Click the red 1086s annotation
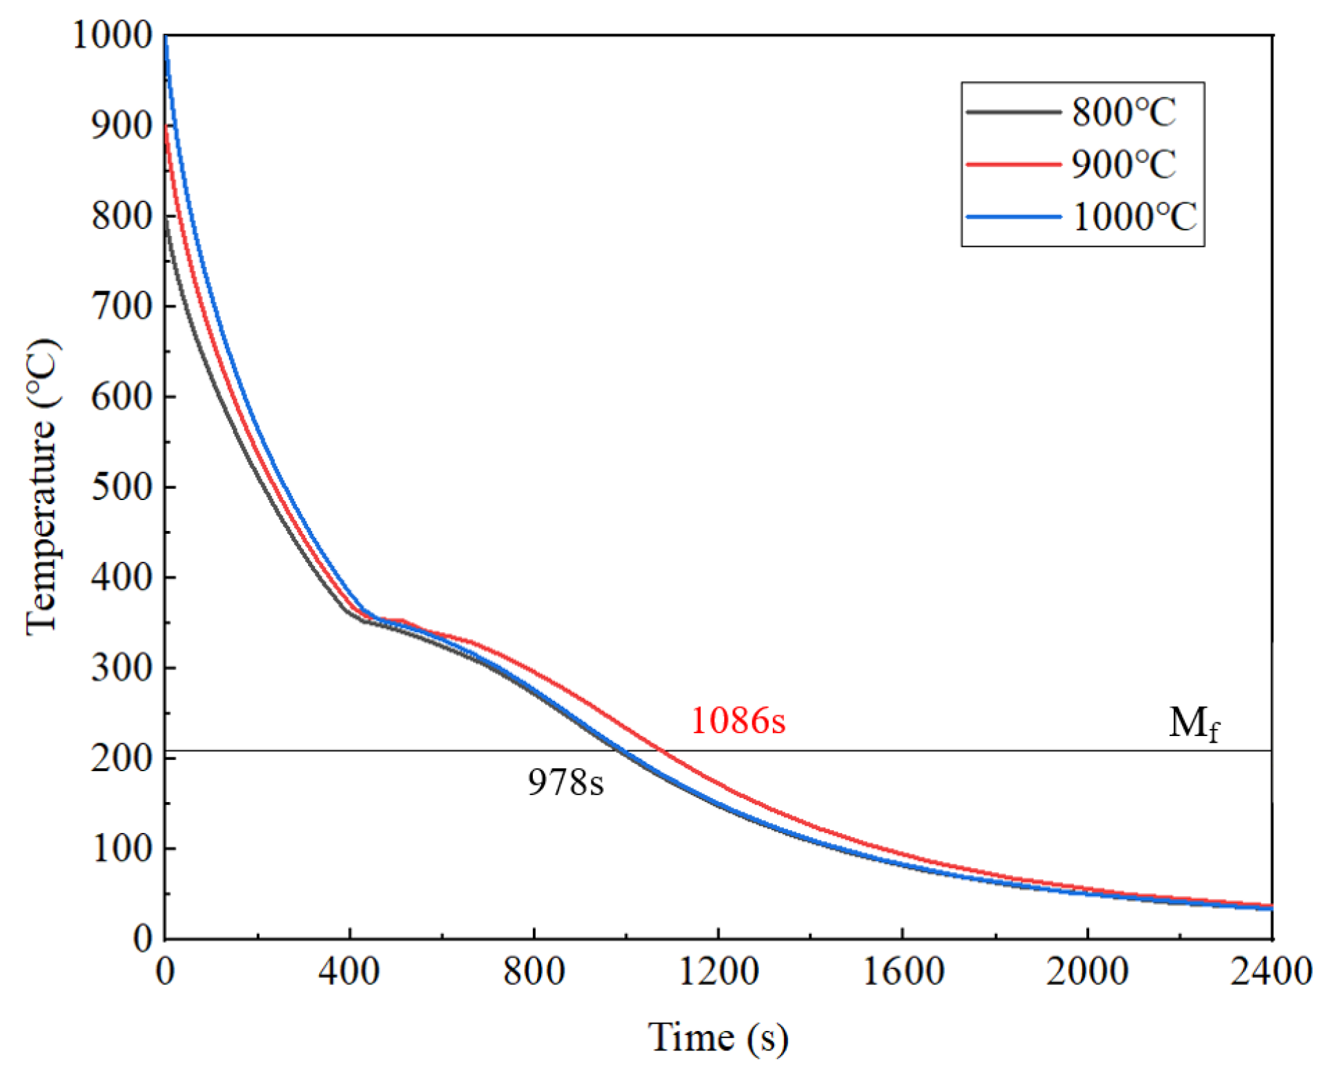(x=737, y=721)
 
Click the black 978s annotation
(x=565, y=782)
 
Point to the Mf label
(x=1194, y=724)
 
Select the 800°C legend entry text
(x=1123, y=112)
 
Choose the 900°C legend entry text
(x=1123, y=164)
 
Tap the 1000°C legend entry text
(x=1134, y=217)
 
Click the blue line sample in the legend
(x=1013, y=217)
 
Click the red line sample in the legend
(x=1013, y=164)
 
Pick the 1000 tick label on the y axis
(x=112, y=34)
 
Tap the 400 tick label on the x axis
(x=349, y=971)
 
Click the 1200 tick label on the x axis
(x=718, y=971)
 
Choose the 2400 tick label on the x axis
(x=1271, y=971)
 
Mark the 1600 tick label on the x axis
(x=902, y=971)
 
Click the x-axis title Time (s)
(x=718, y=1037)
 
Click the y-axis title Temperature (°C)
(x=43, y=487)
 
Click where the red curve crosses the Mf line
(x=661, y=750)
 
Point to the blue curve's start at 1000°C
(x=166, y=36)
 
